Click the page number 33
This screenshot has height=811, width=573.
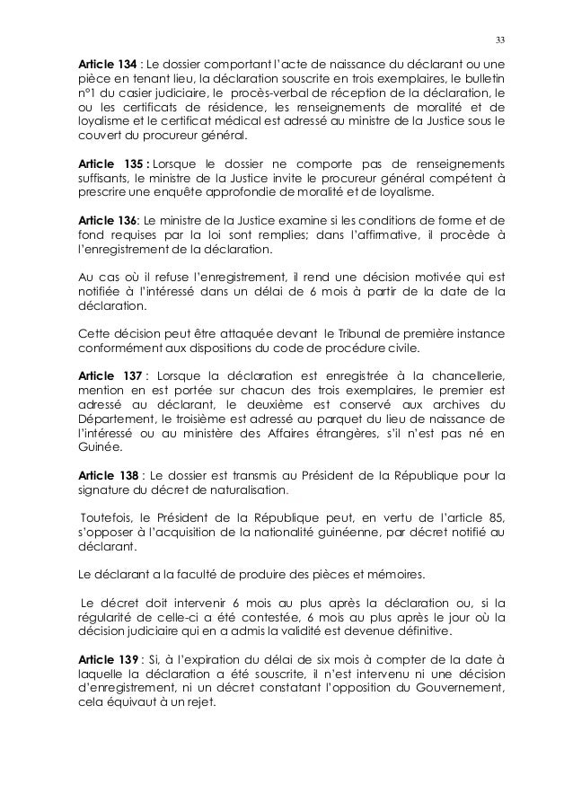pos(500,39)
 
